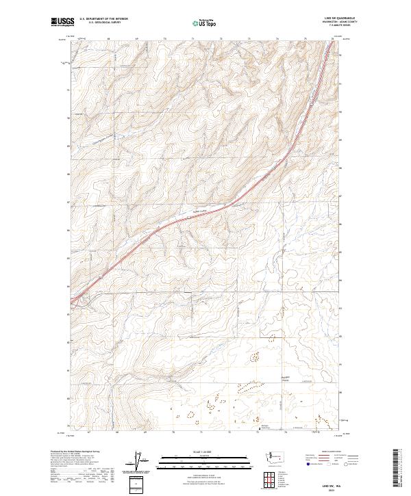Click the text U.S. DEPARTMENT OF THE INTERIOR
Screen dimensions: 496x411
(104, 19)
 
